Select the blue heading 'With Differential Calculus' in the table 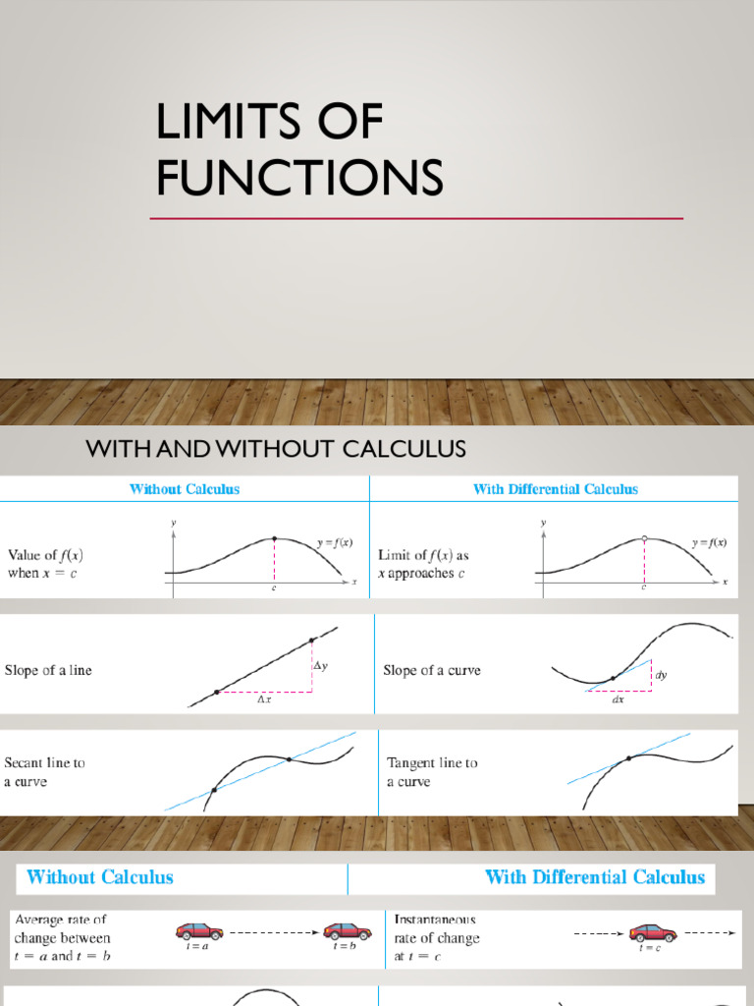[555, 488]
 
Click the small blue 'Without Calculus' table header [185, 488]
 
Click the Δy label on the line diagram [320, 666]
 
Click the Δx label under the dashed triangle [265, 700]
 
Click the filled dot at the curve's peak [274, 538]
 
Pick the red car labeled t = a [199, 930]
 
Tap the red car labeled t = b [347, 930]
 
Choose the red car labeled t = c [653, 931]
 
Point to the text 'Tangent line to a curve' [432, 772]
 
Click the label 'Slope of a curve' [432, 671]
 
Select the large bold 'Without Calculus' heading [99, 877]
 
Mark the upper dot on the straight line [311, 641]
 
